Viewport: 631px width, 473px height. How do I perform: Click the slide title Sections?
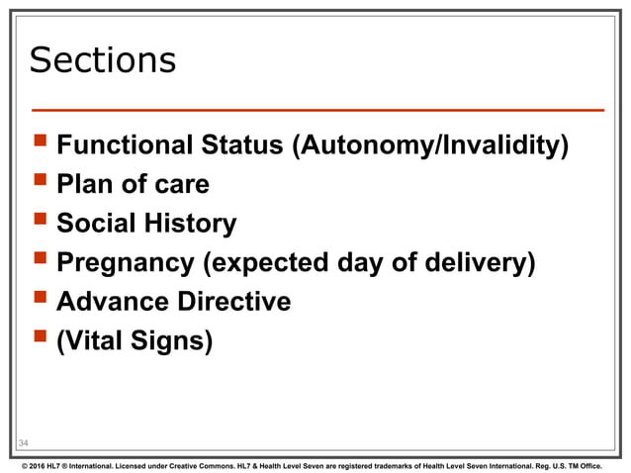tap(103, 61)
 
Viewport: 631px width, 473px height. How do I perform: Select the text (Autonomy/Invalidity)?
tap(430, 147)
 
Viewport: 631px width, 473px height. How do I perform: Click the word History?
tap(191, 224)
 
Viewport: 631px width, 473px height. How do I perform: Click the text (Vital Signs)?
tap(135, 339)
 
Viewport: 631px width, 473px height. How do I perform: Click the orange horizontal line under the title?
tap(316, 108)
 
